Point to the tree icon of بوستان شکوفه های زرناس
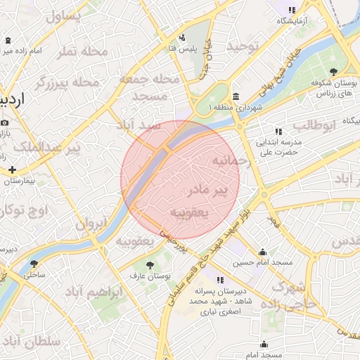click(333, 71)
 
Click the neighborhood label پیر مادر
click(210, 191)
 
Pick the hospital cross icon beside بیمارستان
click(12, 169)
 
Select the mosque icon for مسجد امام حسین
click(263, 252)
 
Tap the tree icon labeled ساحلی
click(34, 264)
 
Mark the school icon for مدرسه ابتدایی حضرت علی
click(278, 131)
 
